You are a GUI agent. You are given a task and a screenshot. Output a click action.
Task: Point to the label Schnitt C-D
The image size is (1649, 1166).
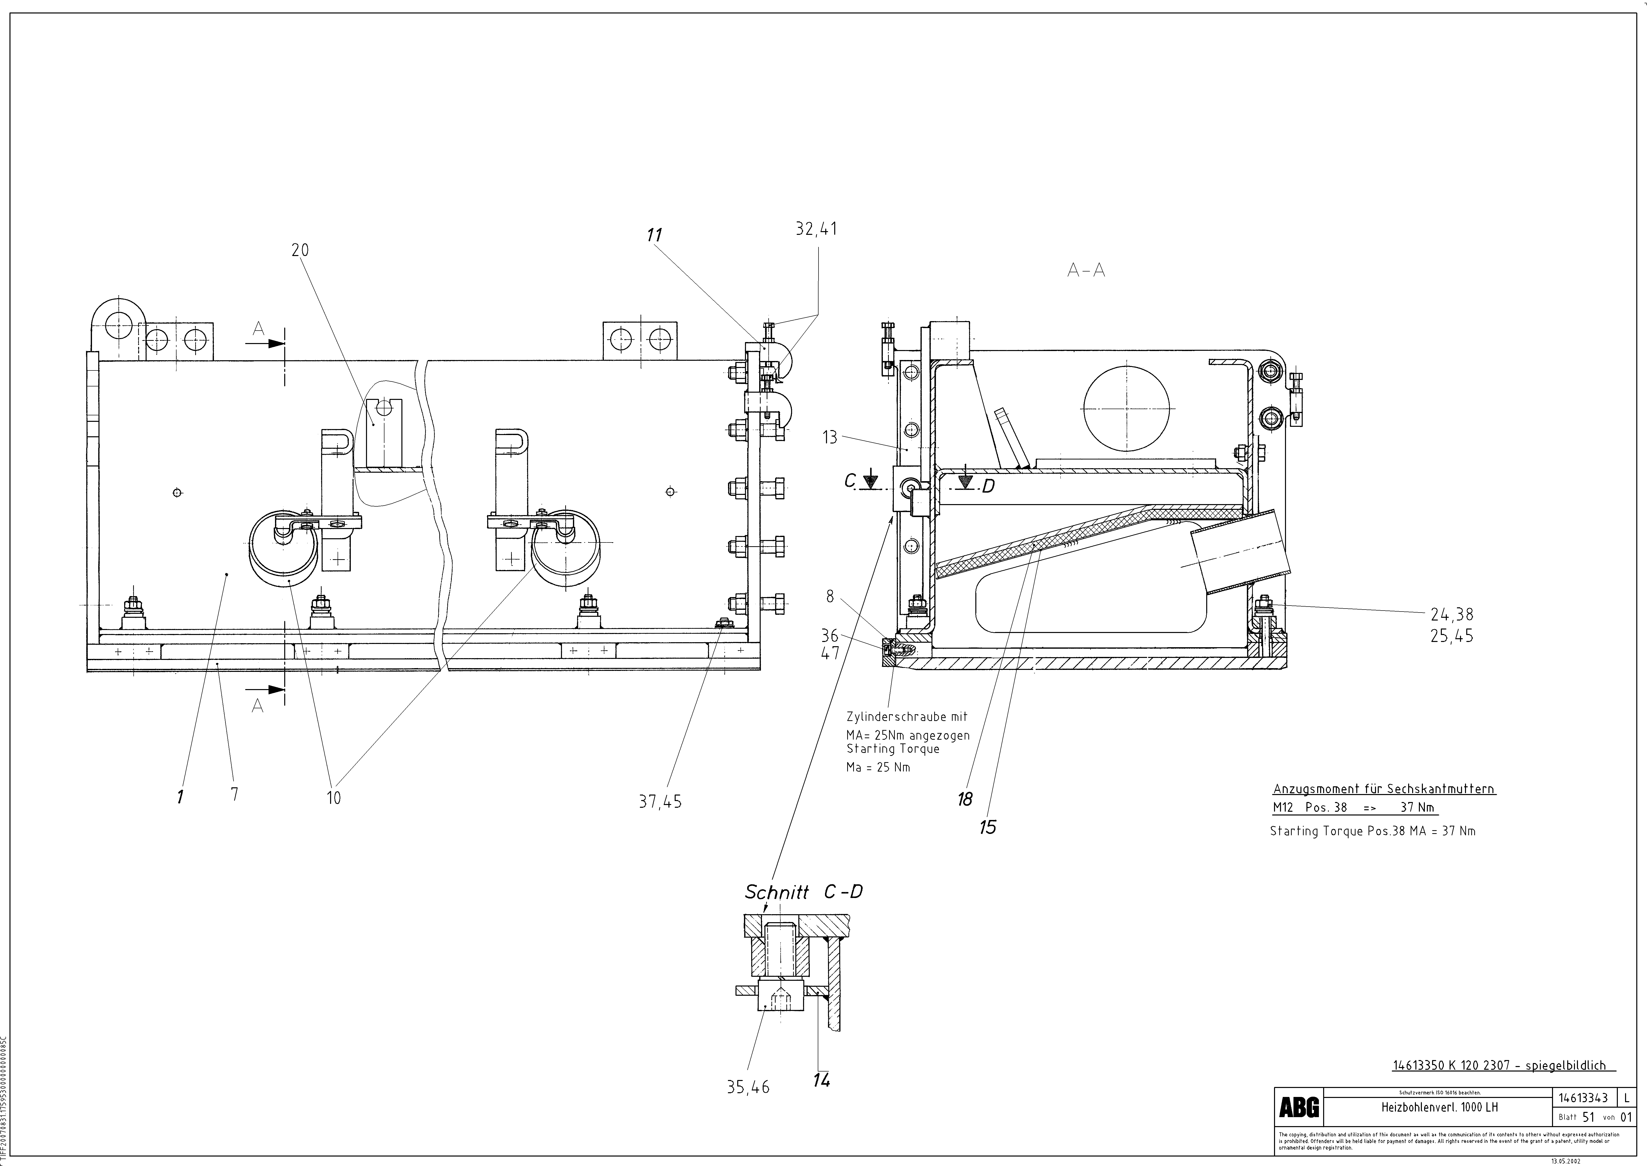803,893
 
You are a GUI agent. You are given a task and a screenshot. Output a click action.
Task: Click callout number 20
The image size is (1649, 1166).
300,250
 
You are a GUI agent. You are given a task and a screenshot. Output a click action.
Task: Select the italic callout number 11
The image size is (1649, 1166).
653,236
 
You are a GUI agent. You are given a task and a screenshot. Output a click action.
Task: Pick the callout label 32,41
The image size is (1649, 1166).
816,229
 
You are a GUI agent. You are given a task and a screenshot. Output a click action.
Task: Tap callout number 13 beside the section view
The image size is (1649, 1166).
830,437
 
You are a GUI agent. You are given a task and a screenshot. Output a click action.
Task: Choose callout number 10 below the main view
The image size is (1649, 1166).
334,797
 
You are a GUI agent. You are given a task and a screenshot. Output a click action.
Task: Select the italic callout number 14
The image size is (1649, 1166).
822,1080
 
